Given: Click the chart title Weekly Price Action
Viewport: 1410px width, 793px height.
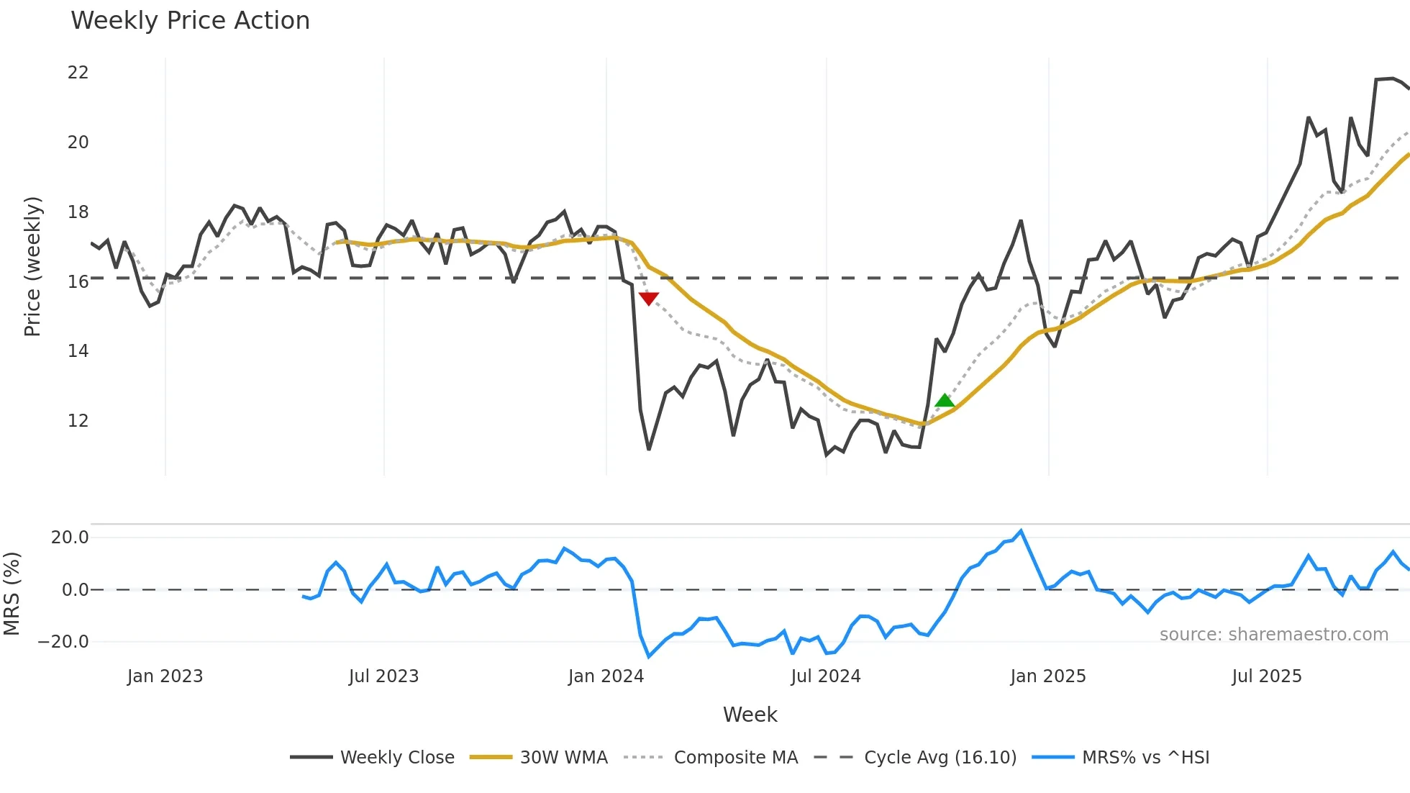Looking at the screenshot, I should (190, 21).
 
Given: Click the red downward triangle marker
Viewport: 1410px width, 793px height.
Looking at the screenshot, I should (649, 298).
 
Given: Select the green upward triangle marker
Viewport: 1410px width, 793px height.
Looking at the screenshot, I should (945, 401).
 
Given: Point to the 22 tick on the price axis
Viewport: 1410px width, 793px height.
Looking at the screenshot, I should (78, 73).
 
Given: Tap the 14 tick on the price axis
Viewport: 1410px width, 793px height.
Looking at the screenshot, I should (78, 351).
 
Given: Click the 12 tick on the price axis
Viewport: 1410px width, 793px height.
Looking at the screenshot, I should (78, 421).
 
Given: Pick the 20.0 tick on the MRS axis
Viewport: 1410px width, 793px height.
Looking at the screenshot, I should (70, 538).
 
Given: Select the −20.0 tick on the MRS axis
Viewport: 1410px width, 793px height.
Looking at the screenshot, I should (63, 642).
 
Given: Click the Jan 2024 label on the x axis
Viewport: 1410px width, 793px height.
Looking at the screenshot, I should (606, 676).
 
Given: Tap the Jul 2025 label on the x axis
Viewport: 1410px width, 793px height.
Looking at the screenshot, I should (1267, 676).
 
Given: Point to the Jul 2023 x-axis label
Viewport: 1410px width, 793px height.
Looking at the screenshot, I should (383, 676).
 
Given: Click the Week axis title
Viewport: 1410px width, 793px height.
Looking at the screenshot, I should (750, 715).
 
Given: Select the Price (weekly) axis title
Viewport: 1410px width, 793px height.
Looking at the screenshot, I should (32, 266).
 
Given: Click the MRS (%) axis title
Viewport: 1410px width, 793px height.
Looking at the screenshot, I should (12, 594).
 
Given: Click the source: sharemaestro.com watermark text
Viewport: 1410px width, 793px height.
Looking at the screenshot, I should (1273, 635).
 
